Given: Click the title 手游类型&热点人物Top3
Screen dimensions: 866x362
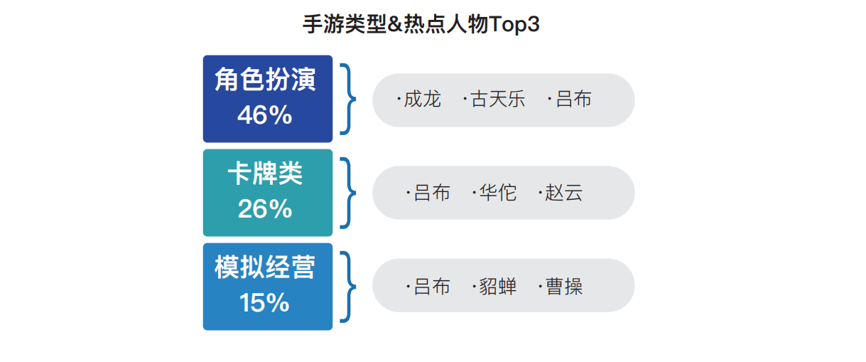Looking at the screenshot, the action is [x=421, y=24].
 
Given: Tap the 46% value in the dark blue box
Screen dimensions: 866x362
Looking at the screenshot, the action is [x=265, y=115].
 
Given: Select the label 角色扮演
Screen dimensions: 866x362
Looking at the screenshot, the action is [x=265, y=80].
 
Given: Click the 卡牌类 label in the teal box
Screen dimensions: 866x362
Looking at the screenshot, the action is [x=265, y=174].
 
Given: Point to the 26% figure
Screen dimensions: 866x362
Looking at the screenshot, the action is [x=265, y=209].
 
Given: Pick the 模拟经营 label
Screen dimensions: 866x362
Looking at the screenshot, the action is [x=265, y=267].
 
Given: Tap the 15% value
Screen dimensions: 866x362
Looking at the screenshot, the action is [x=265, y=303].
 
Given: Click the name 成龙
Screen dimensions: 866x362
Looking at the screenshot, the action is [x=422, y=99].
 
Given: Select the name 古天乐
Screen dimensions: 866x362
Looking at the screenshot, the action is [x=498, y=99].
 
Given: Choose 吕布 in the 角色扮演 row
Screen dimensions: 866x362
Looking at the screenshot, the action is [x=573, y=99].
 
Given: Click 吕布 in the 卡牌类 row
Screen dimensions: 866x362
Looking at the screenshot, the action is [x=432, y=193].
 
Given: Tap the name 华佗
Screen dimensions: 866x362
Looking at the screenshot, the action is [x=498, y=193].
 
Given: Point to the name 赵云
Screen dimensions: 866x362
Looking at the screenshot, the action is [x=563, y=193].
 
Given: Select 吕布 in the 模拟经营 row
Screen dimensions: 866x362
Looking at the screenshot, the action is [x=432, y=287].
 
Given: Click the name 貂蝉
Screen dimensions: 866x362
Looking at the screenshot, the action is [x=498, y=287].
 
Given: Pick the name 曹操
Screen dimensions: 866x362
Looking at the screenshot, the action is [x=563, y=287].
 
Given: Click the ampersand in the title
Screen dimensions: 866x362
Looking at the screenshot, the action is [x=395, y=24].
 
